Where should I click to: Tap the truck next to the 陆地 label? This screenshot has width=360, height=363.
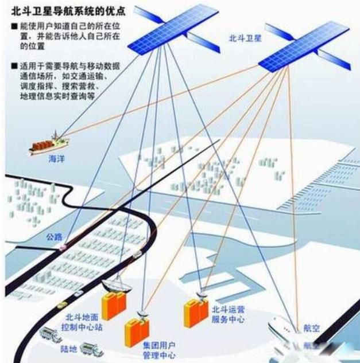[90, 349]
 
